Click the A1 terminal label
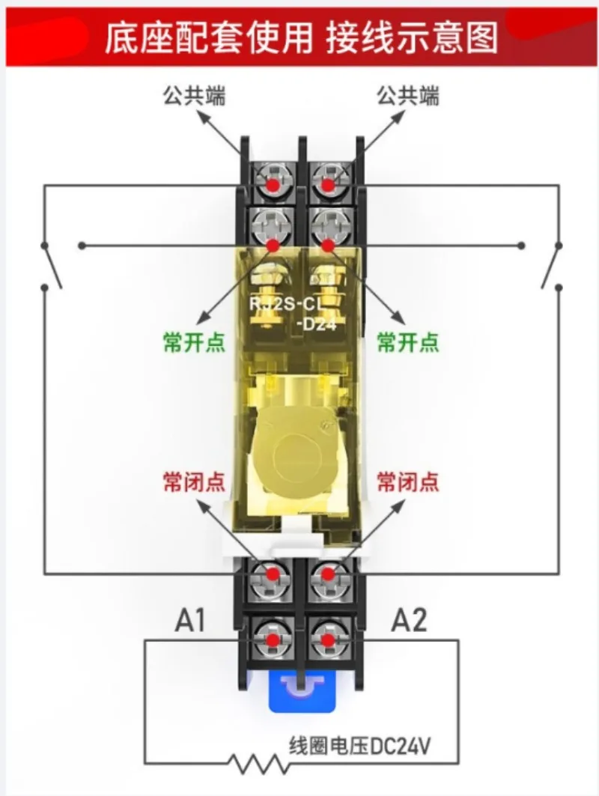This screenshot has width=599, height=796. (190, 620)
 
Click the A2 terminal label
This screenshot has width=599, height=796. (409, 620)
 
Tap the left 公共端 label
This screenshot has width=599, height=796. (194, 95)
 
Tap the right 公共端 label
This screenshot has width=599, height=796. (407, 95)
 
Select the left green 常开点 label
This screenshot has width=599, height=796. (194, 341)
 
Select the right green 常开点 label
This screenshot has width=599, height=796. (407, 341)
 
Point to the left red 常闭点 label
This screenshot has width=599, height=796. (194, 481)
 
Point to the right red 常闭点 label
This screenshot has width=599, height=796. (407, 481)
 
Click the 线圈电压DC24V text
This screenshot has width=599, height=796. (360, 747)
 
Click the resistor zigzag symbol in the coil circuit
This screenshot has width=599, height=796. (255, 763)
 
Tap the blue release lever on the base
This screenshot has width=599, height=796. (302, 691)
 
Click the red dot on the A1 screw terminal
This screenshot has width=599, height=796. (273, 639)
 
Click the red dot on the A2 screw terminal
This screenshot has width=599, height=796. (328, 639)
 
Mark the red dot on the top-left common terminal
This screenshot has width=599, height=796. (273, 185)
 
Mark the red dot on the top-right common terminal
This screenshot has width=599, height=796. (328, 185)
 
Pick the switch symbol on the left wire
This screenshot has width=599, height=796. (51, 266)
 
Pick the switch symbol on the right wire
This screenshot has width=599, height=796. (552, 266)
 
